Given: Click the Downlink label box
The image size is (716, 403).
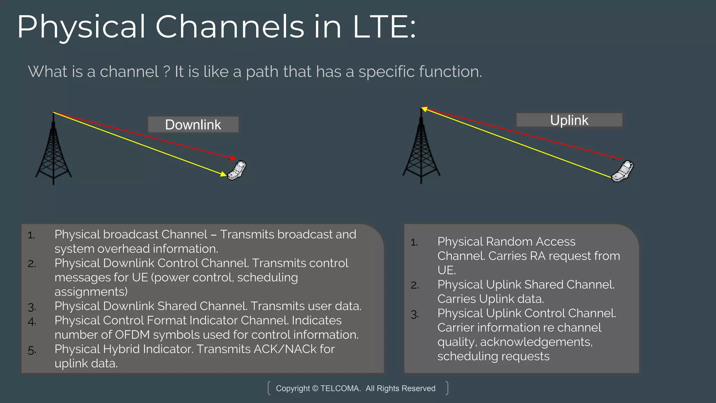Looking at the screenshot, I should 193,125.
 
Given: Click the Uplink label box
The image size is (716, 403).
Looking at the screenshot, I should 569,120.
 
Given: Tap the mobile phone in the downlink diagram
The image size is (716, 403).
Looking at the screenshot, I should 237,170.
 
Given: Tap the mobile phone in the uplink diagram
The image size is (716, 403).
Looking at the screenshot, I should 623,171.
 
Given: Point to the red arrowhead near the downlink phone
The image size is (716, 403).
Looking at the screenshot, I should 233,158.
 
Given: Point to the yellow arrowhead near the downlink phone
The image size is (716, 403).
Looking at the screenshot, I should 223,174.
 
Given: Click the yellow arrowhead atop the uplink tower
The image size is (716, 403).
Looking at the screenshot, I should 424,109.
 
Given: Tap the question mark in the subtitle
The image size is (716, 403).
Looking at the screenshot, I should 166,72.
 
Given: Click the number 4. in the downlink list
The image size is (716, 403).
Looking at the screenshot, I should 32,321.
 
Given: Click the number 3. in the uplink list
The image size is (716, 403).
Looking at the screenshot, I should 415,314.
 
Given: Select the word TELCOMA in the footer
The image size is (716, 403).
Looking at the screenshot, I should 340,388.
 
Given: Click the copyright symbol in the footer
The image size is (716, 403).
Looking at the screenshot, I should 315,388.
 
